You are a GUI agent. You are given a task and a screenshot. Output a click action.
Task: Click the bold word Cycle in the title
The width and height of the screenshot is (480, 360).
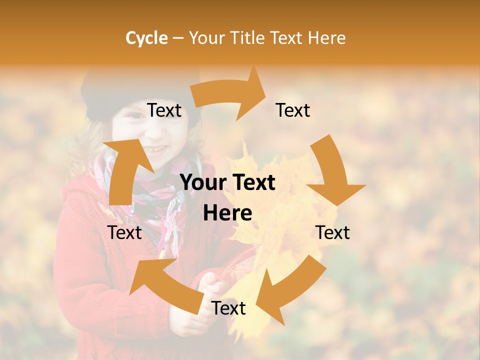click(x=146, y=38)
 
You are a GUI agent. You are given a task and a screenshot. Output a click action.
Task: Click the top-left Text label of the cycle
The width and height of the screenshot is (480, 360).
click(x=164, y=110)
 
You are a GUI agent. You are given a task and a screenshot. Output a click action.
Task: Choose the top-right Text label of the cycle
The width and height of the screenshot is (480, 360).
click(x=293, y=110)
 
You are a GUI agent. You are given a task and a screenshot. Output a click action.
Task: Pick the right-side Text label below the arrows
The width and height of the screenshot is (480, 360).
click(x=332, y=232)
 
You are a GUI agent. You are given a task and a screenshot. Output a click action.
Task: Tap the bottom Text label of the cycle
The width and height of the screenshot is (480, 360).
click(x=228, y=308)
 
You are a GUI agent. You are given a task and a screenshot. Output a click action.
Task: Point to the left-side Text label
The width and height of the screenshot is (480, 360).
click(x=124, y=232)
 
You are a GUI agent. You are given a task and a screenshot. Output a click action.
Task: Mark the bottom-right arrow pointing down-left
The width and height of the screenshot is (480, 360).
click(x=295, y=285)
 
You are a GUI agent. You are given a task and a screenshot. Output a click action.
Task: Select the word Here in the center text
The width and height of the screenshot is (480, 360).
click(x=227, y=213)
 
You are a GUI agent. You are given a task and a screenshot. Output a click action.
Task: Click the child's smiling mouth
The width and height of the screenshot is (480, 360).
click(x=157, y=149)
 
